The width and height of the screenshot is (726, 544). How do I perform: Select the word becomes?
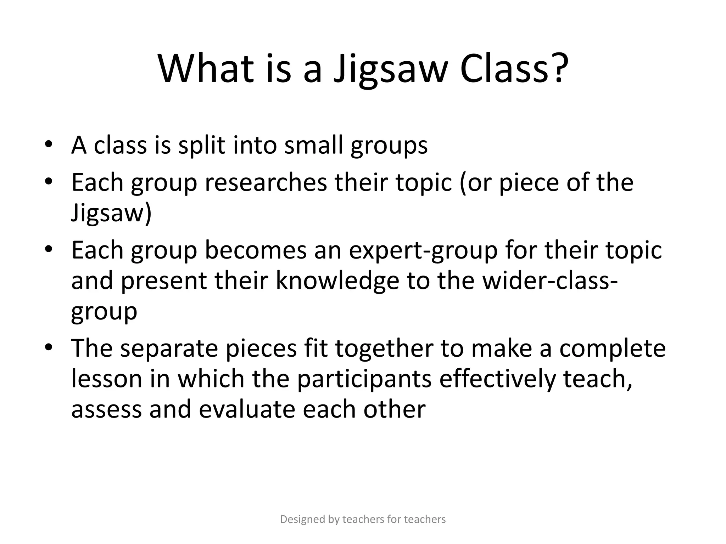click(255, 250)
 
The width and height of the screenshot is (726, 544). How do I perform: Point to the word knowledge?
click(337, 280)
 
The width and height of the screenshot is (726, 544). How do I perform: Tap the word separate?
click(169, 349)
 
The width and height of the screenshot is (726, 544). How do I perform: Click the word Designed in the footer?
click(302, 520)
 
